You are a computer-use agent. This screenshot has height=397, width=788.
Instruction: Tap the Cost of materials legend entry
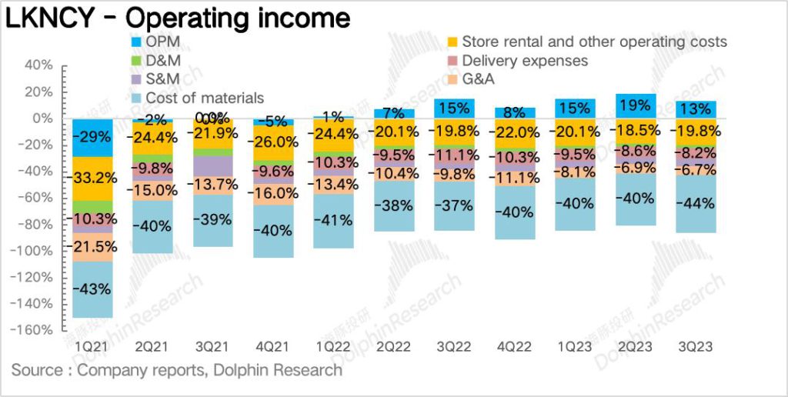click(204, 98)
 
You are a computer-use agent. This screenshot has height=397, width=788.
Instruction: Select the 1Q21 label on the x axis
click(92, 347)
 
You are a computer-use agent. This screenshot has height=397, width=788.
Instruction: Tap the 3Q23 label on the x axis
click(696, 347)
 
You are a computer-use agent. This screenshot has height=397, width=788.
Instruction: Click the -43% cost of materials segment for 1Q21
click(92, 289)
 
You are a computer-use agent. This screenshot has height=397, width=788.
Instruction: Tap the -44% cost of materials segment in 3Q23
click(696, 205)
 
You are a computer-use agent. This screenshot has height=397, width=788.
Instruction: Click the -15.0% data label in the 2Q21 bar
click(153, 189)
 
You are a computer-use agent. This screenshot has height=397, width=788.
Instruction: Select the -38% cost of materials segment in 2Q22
click(396, 206)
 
